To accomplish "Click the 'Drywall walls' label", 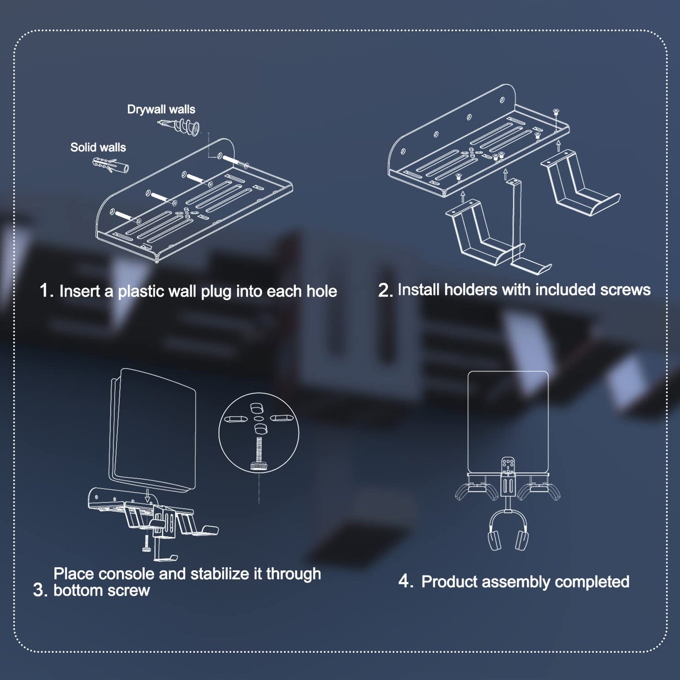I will click(161, 110).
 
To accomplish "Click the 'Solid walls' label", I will click(98, 147).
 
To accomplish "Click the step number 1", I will click(46, 290).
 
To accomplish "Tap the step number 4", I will click(405, 581).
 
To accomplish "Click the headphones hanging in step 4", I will click(508, 534).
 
